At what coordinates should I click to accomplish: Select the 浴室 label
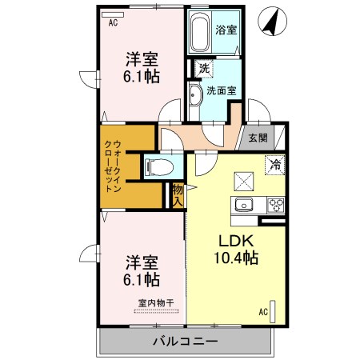[x=226, y=30]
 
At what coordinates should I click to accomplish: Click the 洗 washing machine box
[x=203, y=70]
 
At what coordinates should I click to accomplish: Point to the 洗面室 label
[x=220, y=90]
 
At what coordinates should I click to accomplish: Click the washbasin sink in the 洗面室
[x=196, y=94]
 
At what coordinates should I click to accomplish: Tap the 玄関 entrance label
[x=257, y=138]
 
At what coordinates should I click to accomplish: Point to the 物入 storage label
[x=178, y=195]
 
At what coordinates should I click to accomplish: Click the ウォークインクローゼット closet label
[x=112, y=166]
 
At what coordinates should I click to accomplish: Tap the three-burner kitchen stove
[x=277, y=203]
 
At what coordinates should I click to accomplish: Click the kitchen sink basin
[x=243, y=205]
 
